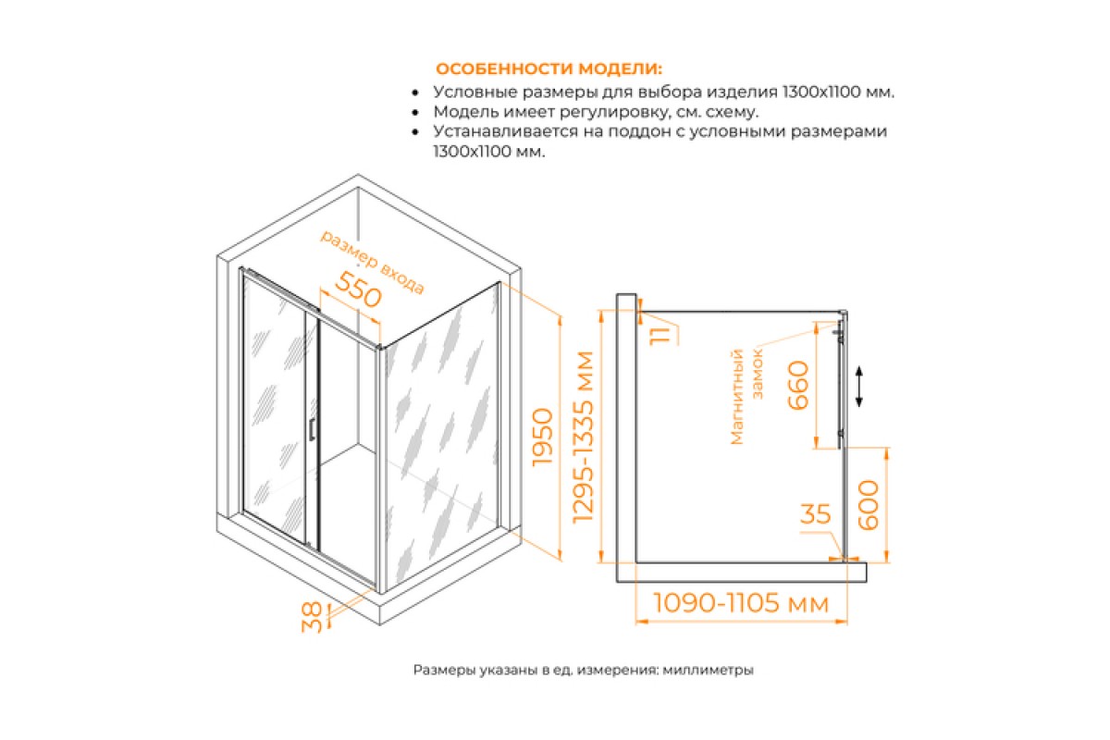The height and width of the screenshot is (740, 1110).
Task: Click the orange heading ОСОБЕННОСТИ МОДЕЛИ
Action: click(549, 68)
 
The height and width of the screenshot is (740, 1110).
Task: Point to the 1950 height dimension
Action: click(542, 437)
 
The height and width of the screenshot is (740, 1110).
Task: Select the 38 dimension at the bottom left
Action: click(312, 617)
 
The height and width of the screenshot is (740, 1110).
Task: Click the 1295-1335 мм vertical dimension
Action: click(583, 437)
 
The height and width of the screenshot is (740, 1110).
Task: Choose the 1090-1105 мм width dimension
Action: click(741, 603)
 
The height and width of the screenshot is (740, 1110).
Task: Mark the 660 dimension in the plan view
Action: click(797, 385)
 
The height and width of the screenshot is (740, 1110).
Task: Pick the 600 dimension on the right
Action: click(868, 505)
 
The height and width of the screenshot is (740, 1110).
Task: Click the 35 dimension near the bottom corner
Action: click(815, 514)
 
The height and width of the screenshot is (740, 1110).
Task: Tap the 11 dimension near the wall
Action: click(660, 336)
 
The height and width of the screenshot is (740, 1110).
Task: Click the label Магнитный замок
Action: click(746, 397)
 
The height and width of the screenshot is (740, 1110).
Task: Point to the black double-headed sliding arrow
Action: click(859, 387)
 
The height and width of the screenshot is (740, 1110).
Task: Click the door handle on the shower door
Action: click(311, 429)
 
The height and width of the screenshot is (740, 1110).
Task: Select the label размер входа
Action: click(372, 262)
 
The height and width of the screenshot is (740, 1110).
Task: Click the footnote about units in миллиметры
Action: click(584, 670)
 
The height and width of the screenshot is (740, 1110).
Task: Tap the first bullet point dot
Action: click(415, 92)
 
